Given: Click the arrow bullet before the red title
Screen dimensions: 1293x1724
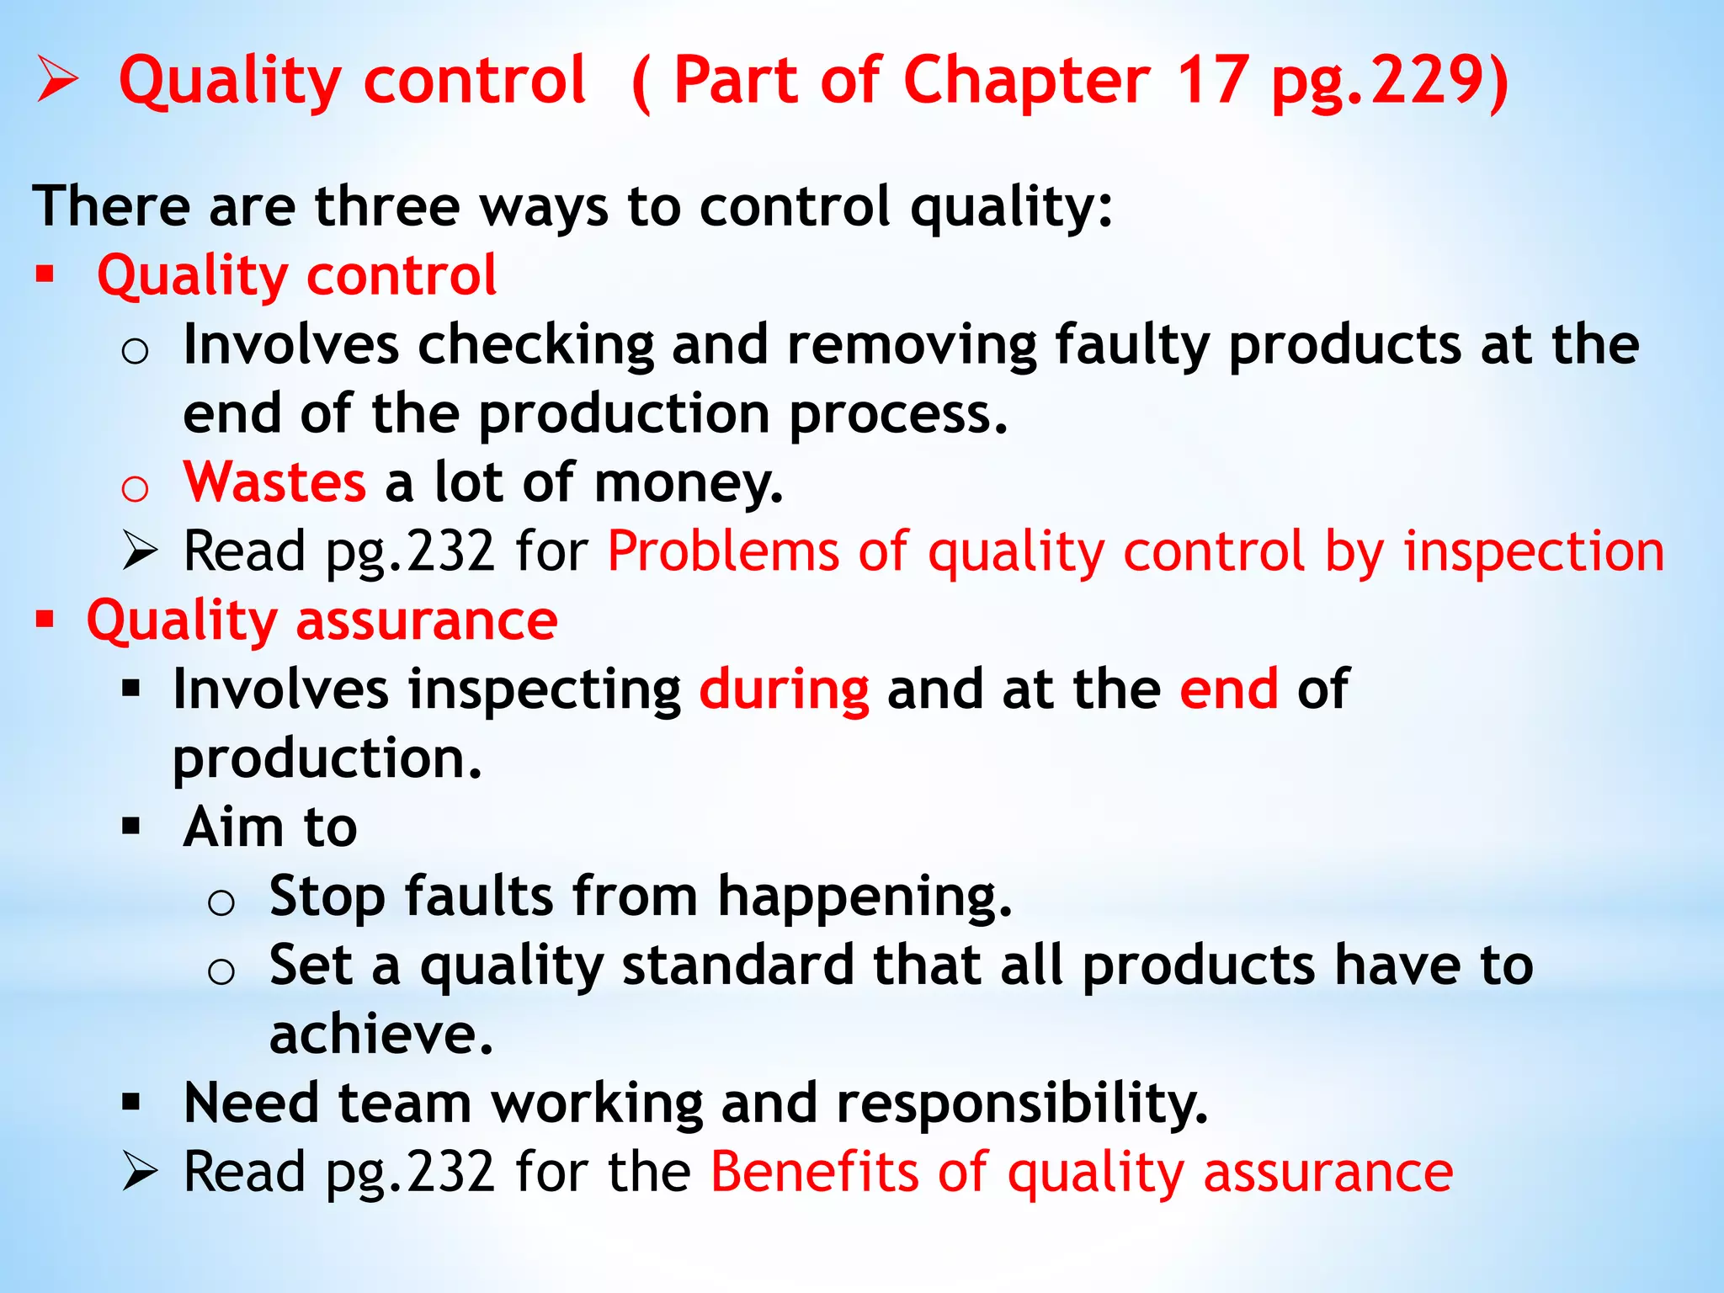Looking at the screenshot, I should click(x=57, y=82).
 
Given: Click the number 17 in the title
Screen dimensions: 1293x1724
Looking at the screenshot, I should click(x=1211, y=81).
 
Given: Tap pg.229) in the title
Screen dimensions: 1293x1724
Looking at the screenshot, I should click(x=1390, y=82).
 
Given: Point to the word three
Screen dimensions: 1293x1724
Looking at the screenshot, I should click(x=386, y=207).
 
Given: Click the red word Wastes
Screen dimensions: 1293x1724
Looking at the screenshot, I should click(x=274, y=482).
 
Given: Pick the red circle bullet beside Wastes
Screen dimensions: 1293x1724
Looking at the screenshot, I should click(x=135, y=488).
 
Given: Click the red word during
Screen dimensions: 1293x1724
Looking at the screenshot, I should click(x=784, y=690).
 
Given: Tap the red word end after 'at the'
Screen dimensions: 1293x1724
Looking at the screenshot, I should click(x=1228, y=689).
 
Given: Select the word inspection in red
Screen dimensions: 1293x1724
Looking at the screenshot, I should click(x=1534, y=552).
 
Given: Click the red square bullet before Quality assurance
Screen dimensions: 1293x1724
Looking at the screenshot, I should click(x=45, y=620).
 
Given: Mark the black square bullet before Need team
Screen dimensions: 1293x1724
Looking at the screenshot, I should click(x=130, y=1102).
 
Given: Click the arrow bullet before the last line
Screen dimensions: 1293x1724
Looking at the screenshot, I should click(x=139, y=1172).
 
